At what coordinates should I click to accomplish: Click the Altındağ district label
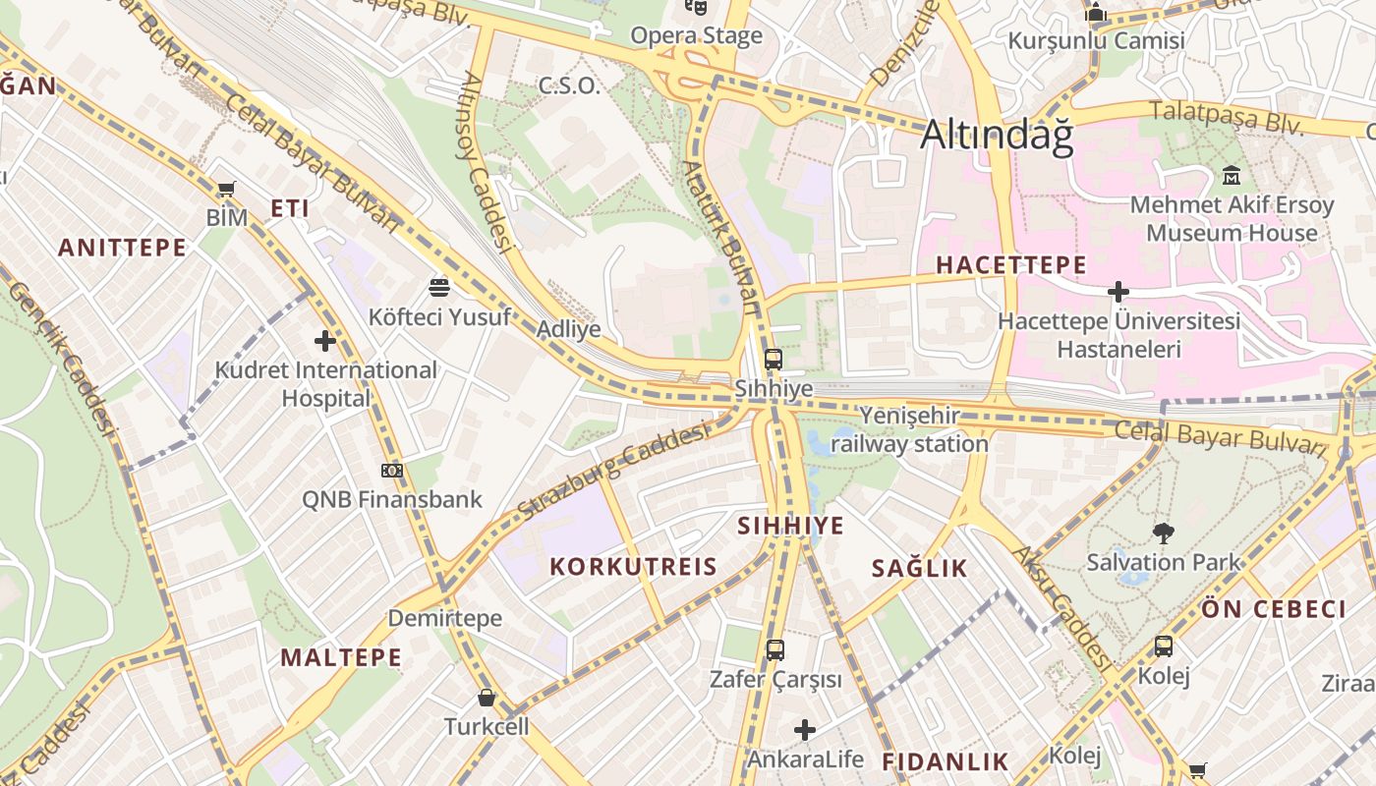[x=997, y=135]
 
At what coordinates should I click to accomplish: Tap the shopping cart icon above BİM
[x=226, y=189]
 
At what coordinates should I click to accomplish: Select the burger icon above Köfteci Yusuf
[x=439, y=287]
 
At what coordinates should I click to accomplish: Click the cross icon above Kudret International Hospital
[x=325, y=341]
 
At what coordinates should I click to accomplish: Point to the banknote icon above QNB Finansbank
[x=392, y=471]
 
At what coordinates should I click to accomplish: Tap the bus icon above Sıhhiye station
[x=774, y=360]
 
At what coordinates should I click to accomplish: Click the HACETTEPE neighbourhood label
[x=1010, y=265]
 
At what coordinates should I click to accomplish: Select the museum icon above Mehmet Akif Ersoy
[x=1231, y=176]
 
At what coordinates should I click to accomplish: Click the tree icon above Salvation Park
[x=1164, y=533]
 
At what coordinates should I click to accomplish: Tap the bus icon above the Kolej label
[x=1164, y=646]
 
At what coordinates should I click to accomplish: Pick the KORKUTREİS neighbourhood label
[x=633, y=567]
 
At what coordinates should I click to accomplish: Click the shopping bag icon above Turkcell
[x=486, y=699]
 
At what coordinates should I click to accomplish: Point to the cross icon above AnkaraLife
[x=805, y=730]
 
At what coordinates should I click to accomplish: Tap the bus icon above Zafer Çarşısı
[x=775, y=649]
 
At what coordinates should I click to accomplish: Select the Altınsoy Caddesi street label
[x=486, y=162]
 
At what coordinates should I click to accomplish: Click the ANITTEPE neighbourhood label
[x=122, y=248]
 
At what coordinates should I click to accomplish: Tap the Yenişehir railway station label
[x=909, y=430]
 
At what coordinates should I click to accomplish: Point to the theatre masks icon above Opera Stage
[x=697, y=7]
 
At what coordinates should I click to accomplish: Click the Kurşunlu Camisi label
[x=1096, y=41]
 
